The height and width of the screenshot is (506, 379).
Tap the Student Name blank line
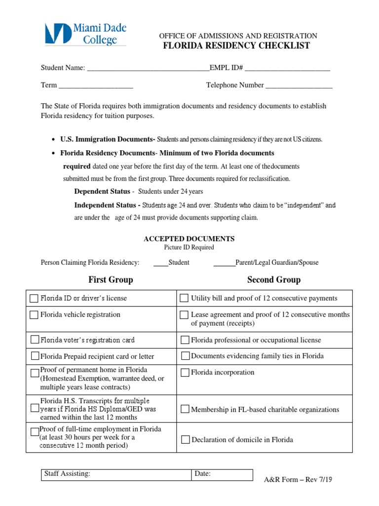coord(148,68)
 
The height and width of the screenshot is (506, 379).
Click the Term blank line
coord(96,85)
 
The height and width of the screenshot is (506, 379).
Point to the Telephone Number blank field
coord(299,85)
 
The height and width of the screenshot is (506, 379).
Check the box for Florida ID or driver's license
coord(34,298)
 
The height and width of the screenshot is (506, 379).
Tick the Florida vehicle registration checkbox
coord(34,315)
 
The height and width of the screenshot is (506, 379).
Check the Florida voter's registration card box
coord(35,339)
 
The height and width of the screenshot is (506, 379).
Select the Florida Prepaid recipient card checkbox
coord(35,356)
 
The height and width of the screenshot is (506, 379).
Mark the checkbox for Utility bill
coord(184,298)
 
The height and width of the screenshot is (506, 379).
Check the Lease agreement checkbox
coord(184,315)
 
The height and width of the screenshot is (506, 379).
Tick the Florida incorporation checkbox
coord(185,373)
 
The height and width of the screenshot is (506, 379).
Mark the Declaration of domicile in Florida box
coord(185,440)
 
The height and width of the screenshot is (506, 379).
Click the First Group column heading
coord(111,280)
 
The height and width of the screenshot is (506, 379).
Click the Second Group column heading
coord(274,280)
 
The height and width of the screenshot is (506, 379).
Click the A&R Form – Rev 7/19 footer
coord(298,479)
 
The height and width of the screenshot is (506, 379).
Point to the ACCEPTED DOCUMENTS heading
coord(189,239)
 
